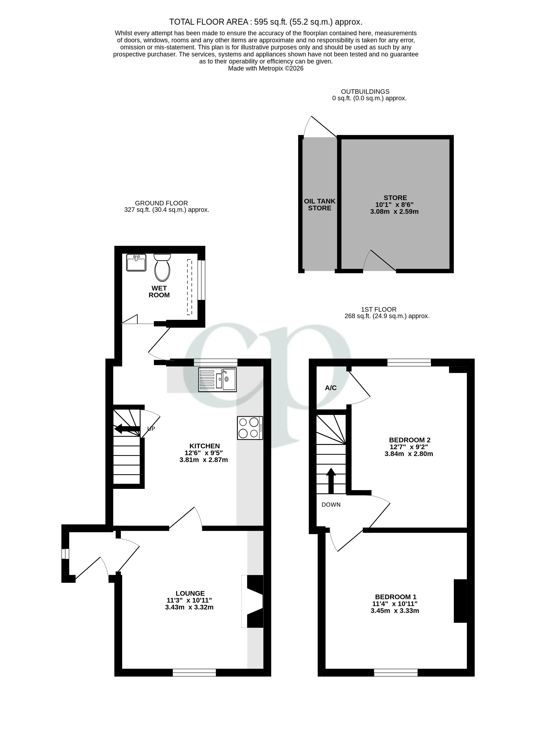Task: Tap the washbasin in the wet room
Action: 136,263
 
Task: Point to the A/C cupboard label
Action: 331,388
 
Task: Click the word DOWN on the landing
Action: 331,505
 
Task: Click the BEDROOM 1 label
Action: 395,597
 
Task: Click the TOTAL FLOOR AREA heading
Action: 265,22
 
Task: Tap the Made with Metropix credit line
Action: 265,69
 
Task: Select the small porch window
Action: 65,554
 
